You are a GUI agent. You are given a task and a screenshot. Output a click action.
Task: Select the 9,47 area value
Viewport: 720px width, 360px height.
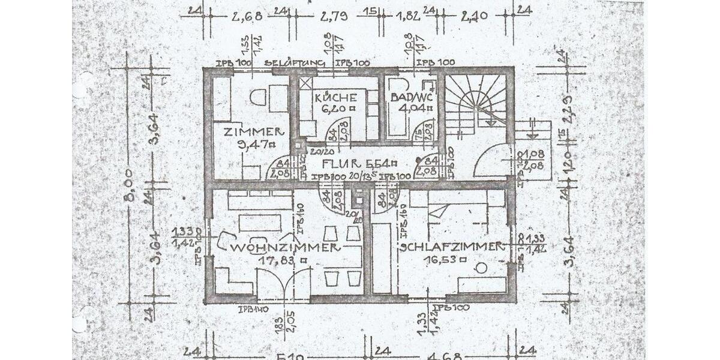(254, 144)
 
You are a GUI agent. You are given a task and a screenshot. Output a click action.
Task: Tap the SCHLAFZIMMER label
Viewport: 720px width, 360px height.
(451, 247)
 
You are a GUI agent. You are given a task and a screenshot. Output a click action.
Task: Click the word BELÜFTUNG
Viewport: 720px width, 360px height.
(295, 63)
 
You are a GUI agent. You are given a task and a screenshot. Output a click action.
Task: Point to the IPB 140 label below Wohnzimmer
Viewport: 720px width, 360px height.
(253, 310)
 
